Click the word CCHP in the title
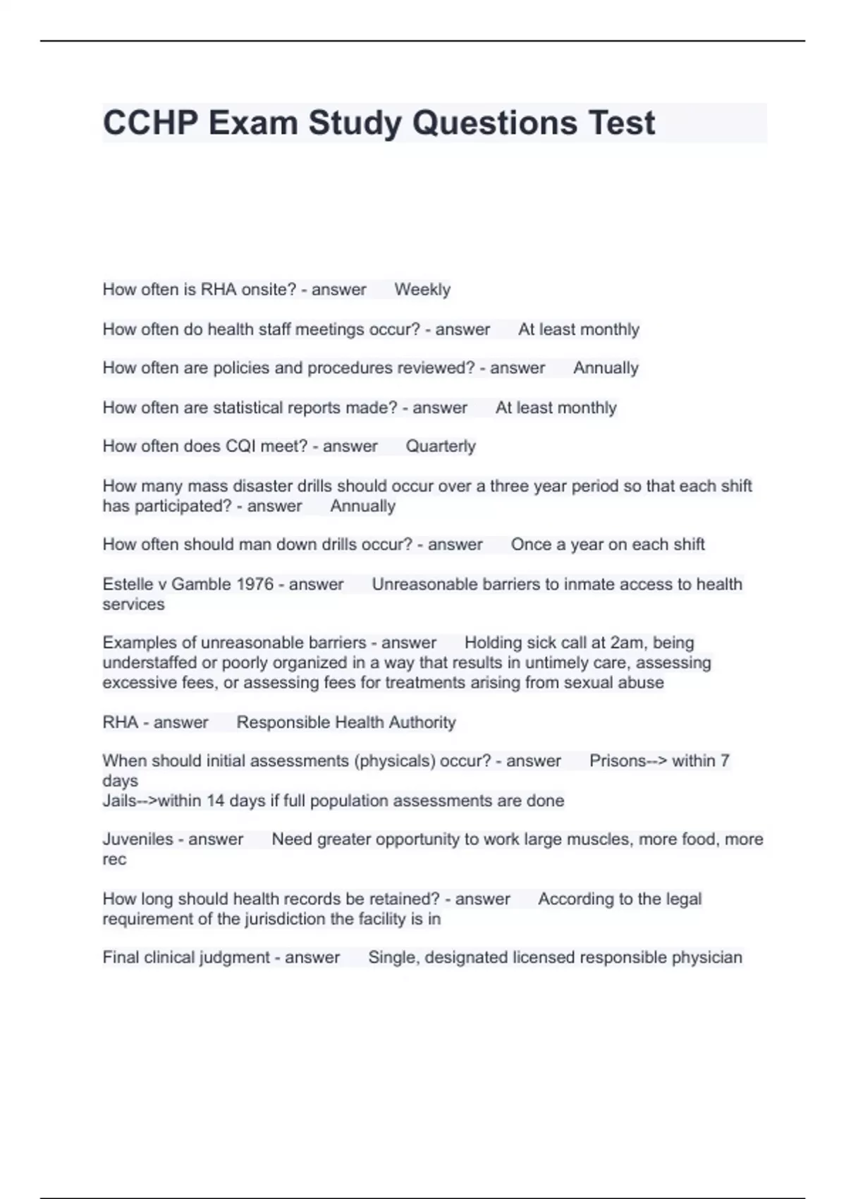point(150,123)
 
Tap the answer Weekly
point(422,290)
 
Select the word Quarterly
point(441,446)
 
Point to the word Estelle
point(127,584)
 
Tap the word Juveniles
point(137,839)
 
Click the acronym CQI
point(243,446)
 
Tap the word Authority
point(420,722)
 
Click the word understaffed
point(149,663)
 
